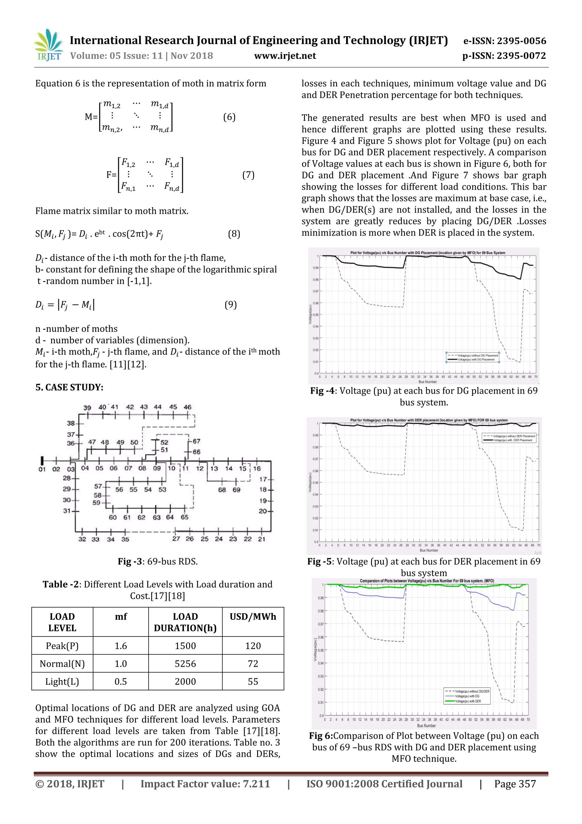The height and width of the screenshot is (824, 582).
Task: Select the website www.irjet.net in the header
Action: [x=285, y=56]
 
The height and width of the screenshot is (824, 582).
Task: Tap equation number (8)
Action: [x=234, y=234]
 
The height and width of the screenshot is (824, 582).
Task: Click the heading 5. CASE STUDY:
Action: [x=69, y=387]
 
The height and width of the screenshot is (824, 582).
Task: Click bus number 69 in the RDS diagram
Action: [x=236, y=490]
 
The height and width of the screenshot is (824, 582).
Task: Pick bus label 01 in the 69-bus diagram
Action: [x=42, y=469]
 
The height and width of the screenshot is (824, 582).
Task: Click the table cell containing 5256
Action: [x=185, y=664]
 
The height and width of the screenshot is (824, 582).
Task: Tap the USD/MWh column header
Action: [x=253, y=617]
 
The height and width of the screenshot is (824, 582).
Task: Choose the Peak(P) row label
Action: [x=62, y=646]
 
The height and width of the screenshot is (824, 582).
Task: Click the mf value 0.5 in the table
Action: [x=120, y=681]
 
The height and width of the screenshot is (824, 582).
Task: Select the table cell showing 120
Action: [x=253, y=646]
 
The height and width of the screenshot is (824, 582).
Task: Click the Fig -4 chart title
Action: [x=427, y=253]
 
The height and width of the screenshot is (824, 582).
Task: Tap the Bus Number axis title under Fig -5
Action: [x=429, y=550]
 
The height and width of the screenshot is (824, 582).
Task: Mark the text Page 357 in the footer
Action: [x=515, y=784]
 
